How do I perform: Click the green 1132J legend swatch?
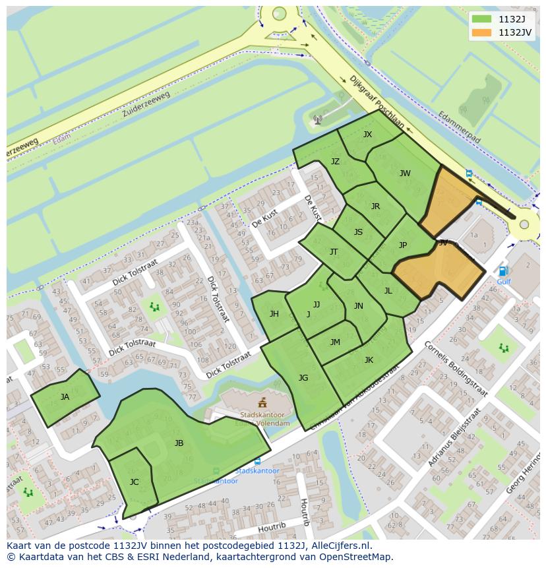[482, 19]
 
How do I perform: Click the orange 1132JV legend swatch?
[482, 32]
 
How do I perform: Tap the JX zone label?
[367, 135]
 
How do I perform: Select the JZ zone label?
[335, 162]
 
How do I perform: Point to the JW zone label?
[405, 174]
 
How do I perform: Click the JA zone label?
[65, 397]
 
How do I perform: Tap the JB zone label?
[179, 443]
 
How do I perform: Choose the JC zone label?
[134, 482]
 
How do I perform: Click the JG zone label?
[303, 378]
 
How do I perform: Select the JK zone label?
[369, 360]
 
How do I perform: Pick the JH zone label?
[274, 314]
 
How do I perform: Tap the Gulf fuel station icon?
[503, 271]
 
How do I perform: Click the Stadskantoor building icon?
[262, 402]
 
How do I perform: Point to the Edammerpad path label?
[459, 127]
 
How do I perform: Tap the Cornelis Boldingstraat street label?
[456, 369]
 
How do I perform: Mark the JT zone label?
[334, 252]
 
